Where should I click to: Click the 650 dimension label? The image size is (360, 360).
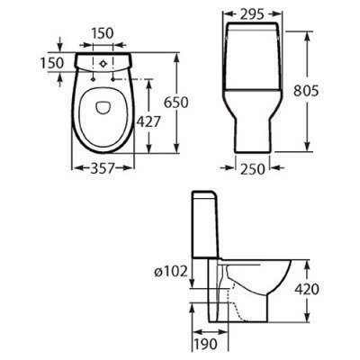(x=176, y=103)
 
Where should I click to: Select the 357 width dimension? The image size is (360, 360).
(x=103, y=168)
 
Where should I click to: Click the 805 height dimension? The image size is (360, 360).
(x=306, y=91)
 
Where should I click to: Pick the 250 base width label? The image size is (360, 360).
(x=253, y=169)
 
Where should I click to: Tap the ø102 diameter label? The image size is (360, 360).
(x=171, y=272)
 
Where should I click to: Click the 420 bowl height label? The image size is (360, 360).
(x=307, y=289)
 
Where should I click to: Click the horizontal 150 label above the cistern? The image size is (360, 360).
(x=103, y=33)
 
